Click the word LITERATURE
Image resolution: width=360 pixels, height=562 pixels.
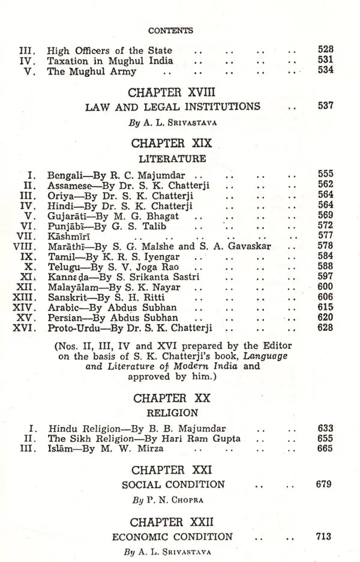click(x=172, y=159)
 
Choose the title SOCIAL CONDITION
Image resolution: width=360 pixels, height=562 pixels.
click(x=173, y=485)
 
